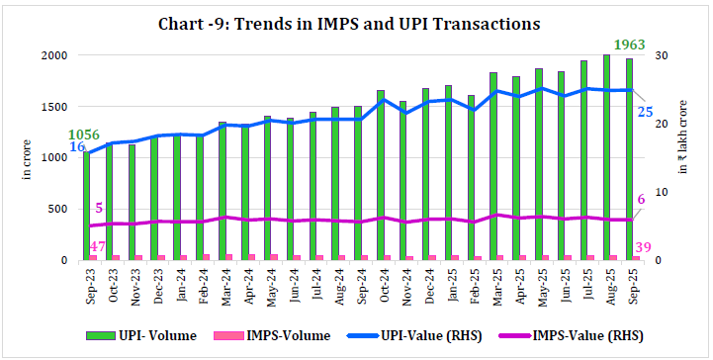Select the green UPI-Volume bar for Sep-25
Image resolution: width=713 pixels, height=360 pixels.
[629, 158]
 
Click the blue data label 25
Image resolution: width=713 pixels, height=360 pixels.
[645, 112]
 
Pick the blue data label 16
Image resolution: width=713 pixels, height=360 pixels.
[76, 147]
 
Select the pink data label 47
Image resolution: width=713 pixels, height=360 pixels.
[98, 246]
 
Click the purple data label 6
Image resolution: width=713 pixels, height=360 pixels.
[641, 200]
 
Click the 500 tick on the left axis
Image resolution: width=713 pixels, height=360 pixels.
[59, 210]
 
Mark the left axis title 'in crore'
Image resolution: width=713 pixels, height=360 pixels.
[28, 158]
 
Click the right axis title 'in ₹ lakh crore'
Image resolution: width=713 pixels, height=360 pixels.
[683, 138]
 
